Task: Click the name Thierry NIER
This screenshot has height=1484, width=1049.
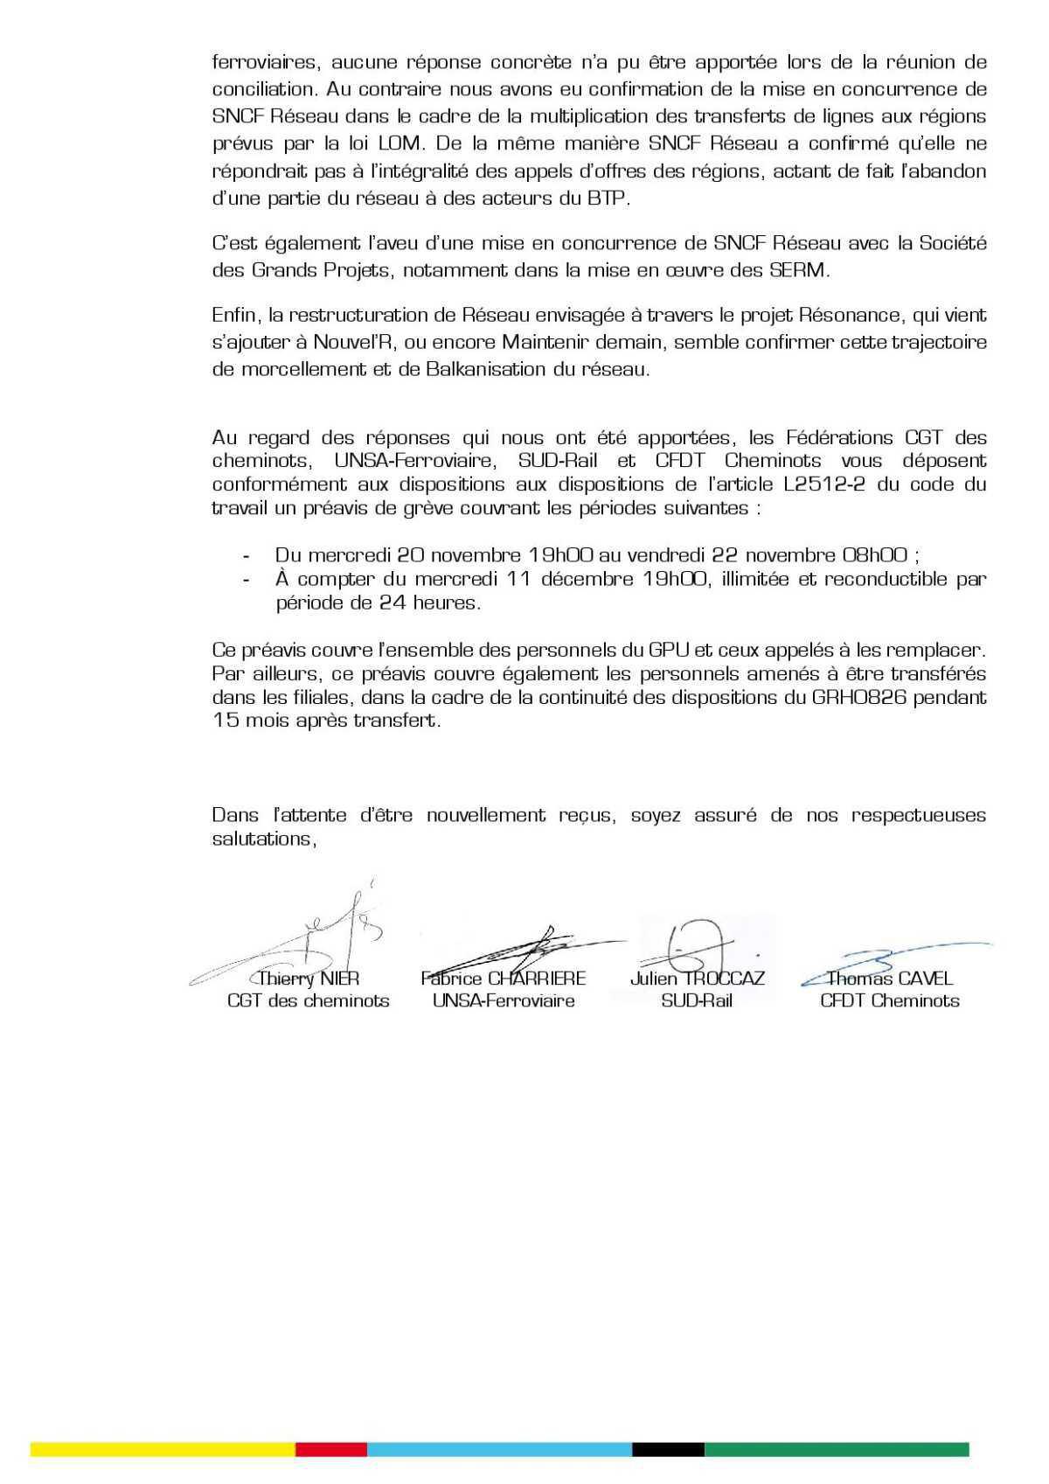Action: [309, 979]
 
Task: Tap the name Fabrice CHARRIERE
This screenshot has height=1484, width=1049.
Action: [503, 979]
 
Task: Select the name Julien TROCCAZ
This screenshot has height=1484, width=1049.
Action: [697, 979]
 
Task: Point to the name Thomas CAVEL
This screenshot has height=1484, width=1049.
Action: [890, 979]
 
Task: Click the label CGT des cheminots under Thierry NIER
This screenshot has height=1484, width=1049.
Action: [309, 1001]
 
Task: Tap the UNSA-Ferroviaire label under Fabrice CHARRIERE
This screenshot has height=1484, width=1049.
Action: [504, 1001]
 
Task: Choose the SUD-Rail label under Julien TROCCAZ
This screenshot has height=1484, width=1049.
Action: [697, 1001]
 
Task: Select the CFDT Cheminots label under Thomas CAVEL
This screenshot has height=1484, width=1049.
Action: [890, 1001]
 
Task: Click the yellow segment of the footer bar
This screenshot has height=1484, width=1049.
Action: [163, 1449]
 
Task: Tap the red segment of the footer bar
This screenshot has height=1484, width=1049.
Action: [330, 1449]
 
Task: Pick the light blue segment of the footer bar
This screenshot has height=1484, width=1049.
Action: [498, 1449]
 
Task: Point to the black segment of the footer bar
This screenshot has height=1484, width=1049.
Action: [668, 1449]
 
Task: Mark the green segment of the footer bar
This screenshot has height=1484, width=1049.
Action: [837, 1449]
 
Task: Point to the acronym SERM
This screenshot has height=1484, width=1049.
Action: [797, 270]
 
